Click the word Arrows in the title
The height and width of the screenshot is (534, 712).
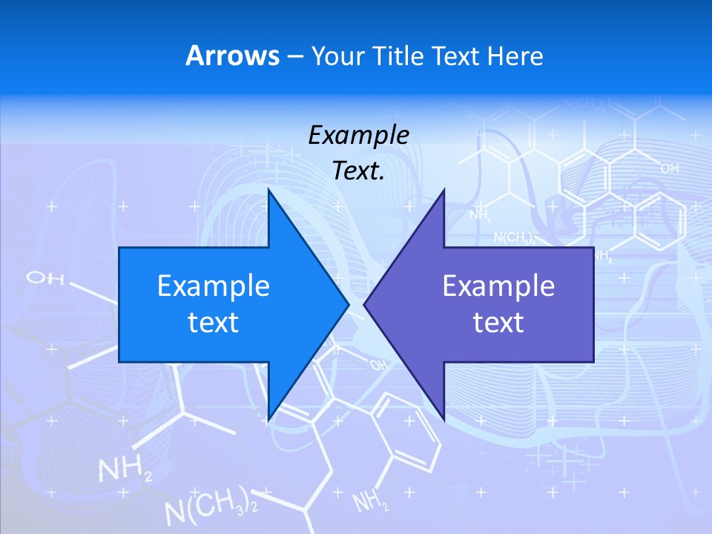point(231,56)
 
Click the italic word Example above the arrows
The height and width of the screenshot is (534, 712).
point(358,135)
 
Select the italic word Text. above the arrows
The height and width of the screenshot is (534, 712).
point(358,171)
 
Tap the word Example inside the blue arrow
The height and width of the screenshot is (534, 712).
point(214,286)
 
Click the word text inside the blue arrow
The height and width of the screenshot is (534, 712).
point(214,323)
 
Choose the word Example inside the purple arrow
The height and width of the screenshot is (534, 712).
point(498,286)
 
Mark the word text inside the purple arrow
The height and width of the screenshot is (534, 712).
point(498,323)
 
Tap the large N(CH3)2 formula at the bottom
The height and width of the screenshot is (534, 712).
point(211,507)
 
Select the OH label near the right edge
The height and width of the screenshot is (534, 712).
point(669,169)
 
